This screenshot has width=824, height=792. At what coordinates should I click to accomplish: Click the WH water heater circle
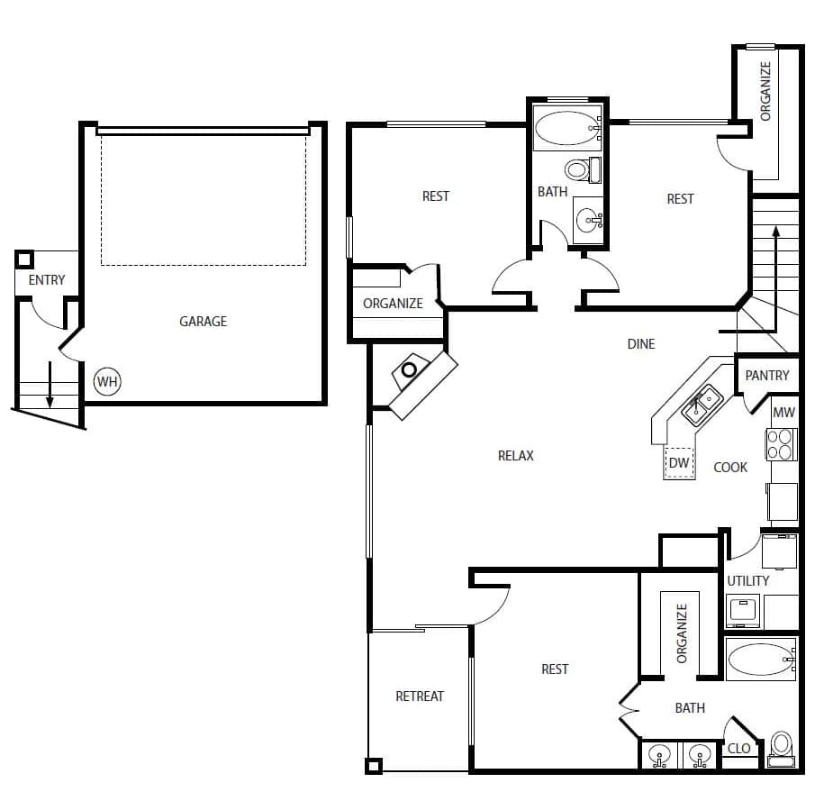107,381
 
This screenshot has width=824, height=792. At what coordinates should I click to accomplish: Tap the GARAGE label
203,321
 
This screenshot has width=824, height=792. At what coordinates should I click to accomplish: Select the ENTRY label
46,280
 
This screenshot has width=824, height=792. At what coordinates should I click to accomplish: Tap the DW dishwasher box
679,463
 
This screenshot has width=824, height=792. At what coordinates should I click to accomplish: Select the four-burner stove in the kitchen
782,443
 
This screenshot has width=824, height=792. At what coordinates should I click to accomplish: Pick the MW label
783,412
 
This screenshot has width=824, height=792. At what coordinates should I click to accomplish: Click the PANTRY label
767,375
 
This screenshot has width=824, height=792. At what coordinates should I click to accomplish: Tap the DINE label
641,343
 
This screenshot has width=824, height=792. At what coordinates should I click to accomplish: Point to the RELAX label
515,455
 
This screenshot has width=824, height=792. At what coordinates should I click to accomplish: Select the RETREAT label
420,696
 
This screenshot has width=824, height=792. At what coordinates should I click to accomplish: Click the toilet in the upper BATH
577,168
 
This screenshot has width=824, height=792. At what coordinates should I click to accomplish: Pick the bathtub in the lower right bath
761,660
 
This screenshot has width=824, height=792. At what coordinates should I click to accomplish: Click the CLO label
738,749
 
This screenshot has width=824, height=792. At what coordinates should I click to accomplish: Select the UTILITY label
748,580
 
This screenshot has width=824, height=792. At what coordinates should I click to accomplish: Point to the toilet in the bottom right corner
781,748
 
